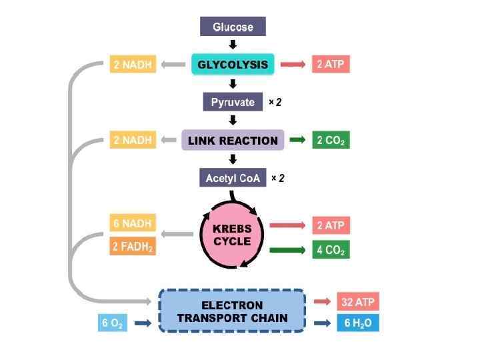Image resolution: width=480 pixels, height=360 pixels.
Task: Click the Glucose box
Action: click(233, 27)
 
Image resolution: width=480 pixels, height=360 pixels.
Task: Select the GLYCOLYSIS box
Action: click(233, 65)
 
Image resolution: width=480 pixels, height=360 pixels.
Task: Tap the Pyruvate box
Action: click(233, 102)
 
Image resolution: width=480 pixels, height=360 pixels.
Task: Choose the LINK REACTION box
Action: click(233, 141)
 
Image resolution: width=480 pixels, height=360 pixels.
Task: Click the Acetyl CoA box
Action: click(233, 178)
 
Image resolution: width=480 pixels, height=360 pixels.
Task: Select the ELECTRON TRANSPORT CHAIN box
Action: click(232, 311)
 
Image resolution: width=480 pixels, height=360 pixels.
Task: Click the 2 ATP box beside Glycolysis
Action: click(330, 65)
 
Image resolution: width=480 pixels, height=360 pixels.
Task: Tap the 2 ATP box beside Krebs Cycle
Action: click(330, 225)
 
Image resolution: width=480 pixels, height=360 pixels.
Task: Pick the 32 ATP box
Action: click(358, 302)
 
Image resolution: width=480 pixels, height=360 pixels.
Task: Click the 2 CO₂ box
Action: click(330, 141)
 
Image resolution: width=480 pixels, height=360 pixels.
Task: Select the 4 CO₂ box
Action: click(330, 250)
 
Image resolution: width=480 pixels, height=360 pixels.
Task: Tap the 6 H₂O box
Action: click(358, 323)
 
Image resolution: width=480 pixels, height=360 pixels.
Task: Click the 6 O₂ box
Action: click(112, 323)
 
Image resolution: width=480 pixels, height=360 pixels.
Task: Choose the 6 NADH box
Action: click(132, 223)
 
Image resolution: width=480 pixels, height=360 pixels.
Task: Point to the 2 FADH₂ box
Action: click(132, 247)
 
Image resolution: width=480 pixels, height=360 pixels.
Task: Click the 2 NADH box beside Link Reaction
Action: click(132, 141)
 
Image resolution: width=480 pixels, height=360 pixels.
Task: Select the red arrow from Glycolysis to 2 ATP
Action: click(291, 65)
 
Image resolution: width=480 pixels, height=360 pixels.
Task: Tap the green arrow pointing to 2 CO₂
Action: click(297, 141)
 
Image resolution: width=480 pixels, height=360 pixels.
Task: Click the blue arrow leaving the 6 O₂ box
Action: click(143, 323)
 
